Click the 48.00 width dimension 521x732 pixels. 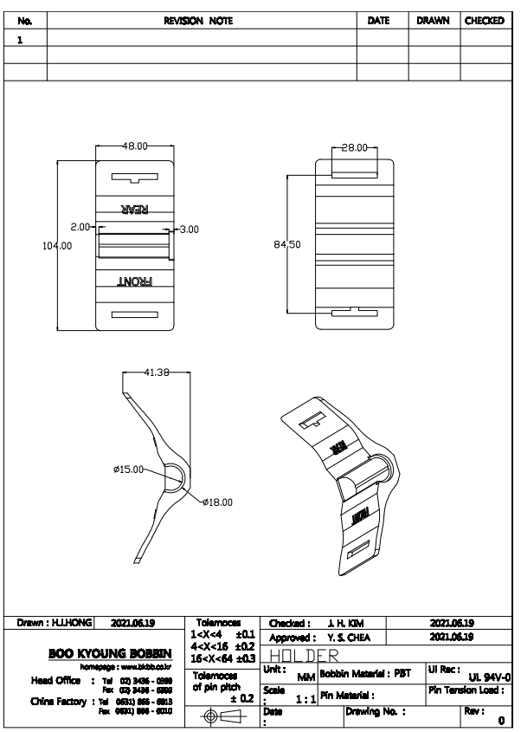click(134, 147)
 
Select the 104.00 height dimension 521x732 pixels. click(57, 245)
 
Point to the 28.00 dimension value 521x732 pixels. click(355, 148)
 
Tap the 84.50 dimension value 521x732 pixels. click(287, 244)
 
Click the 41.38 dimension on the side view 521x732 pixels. click(157, 372)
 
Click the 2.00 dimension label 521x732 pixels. click(80, 227)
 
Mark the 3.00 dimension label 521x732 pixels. click(187, 230)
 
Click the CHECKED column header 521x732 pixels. click(484, 21)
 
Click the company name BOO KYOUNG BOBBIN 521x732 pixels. click(106, 652)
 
